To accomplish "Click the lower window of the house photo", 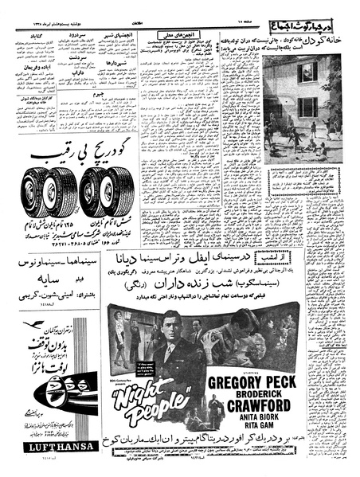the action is [307, 107].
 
